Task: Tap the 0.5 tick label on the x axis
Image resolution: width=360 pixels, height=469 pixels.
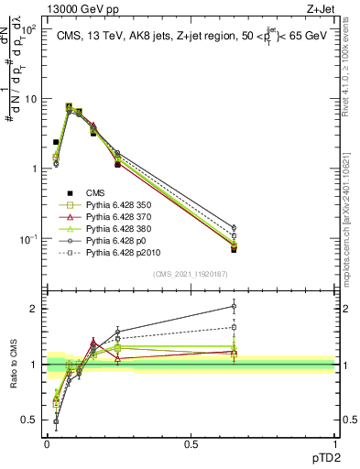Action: (x=191, y=442)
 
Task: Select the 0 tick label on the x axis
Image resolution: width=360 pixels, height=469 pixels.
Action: (x=47, y=442)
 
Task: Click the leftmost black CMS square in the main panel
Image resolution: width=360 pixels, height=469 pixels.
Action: (x=56, y=142)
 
